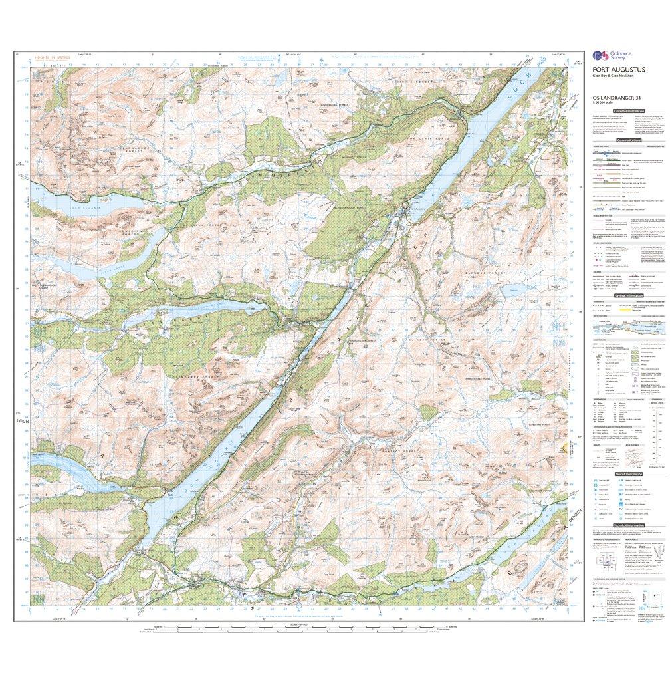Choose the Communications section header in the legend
(x=629, y=141)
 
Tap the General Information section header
(x=629, y=296)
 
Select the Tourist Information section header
(x=629, y=474)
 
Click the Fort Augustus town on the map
(x=407, y=212)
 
